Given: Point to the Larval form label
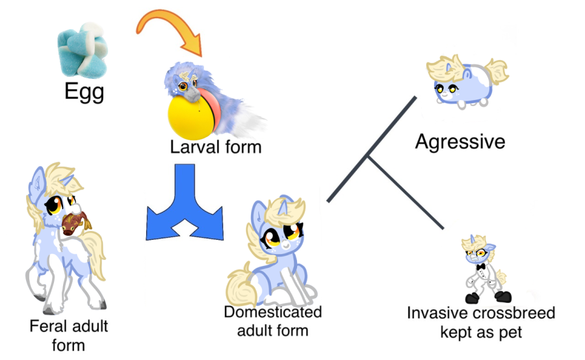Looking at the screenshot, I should (x=216, y=148).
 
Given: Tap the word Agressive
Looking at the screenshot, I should (x=460, y=141).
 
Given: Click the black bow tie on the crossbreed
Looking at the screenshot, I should (x=482, y=266).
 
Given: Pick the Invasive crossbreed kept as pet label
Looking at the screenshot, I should (x=481, y=322).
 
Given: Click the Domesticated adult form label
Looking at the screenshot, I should (x=272, y=321).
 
